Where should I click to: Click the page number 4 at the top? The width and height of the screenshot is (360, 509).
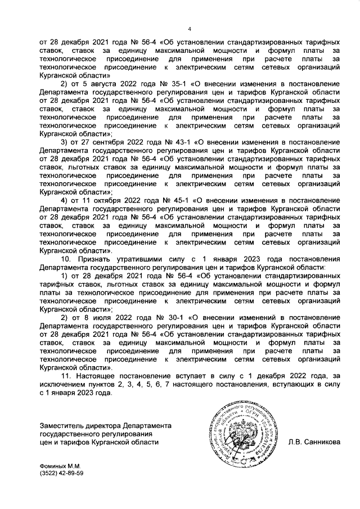click(x=190, y=30)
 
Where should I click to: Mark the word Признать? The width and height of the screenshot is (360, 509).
click(x=94, y=259)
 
